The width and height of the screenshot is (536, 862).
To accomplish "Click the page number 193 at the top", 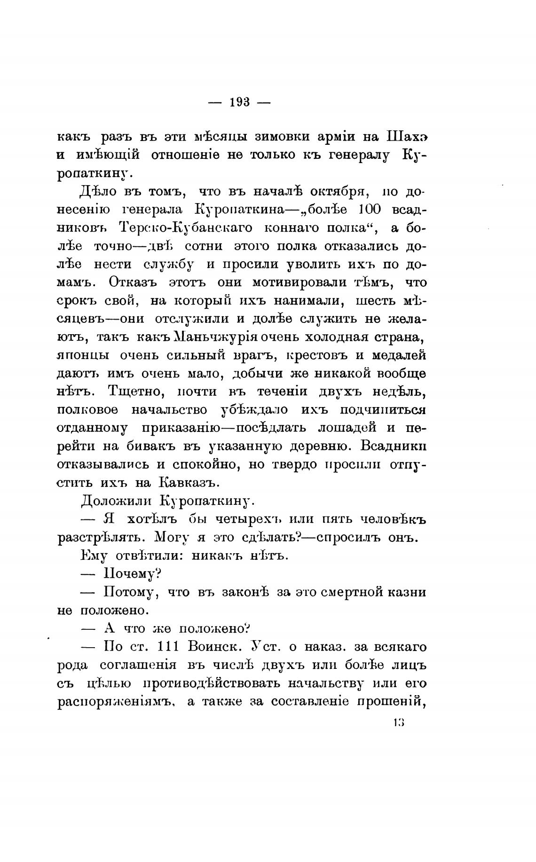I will point(239,102).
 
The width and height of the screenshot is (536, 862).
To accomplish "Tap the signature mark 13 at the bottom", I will point(399,722).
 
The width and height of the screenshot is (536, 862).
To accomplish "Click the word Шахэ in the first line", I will point(406,137).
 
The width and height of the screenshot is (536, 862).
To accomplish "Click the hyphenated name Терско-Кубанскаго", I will point(186,228).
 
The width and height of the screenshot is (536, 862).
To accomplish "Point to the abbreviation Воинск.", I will point(214,647).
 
